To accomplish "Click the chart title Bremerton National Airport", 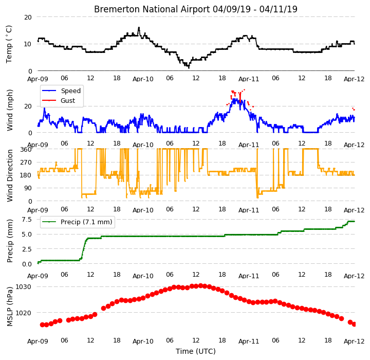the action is point(152,9).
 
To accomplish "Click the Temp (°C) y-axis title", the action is point(9,44).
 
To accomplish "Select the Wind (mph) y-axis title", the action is point(10,110).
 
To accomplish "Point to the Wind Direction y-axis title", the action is point(10,175).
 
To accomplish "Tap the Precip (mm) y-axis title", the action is point(10,241).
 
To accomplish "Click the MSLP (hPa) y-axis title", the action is point(10,307).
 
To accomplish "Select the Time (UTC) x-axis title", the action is point(196,351).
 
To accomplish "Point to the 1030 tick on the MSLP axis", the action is point(23,287).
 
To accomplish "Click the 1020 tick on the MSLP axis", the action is point(23,313).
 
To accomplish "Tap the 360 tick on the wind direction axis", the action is point(26,150).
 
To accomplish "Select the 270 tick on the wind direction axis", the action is point(26,163).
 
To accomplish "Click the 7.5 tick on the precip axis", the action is point(27,220).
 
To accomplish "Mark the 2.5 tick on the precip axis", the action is point(27,249).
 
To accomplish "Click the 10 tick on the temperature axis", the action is point(28,44).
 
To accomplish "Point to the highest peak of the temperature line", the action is point(139,27).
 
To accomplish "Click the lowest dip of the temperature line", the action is point(189,68).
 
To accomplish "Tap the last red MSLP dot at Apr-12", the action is point(354,325).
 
